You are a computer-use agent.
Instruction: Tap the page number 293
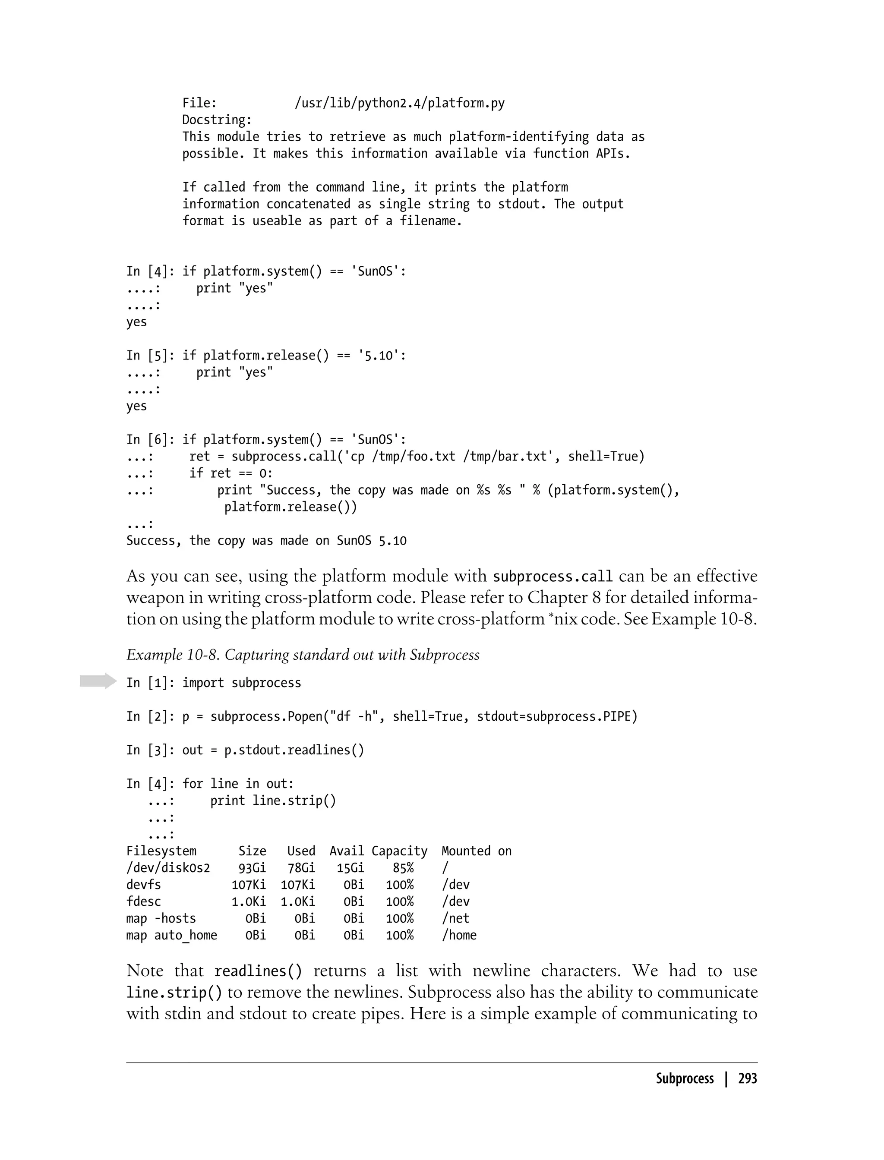pyautogui.click(x=747, y=1078)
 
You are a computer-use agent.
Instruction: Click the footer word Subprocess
pyautogui.click(x=684, y=1078)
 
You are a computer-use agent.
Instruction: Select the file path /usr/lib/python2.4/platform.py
pyautogui.click(x=399, y=103)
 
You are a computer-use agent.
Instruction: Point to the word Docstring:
pyautogui.click(x=217, y=120)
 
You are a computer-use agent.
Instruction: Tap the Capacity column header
pyautogui.click(x=399, y=851)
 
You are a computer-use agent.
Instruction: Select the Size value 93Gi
pyautogui.click(x=252, y=868)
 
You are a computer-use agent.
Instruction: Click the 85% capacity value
pyautogui.click(x=403, y=868)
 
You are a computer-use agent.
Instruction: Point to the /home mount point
pyautogui.click(x=459, y=935)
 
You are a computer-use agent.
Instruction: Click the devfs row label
pyautogui.click(x=143, y=885)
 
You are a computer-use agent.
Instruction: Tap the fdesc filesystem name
pyautogui.click(x=143, y=902)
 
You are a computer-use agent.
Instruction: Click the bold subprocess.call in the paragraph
pyautogui.click(x=552, y=577)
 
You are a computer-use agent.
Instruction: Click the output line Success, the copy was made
pyautogui.click(x=266, y=541)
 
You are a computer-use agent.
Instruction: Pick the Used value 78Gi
pyautogui.click(x=301, y=868)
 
